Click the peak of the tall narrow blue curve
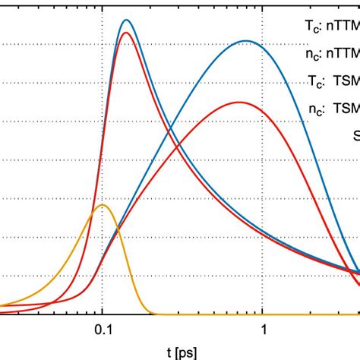coord(126,21)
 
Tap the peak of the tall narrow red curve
coord(125,33)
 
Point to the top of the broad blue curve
coord(245,41)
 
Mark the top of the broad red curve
coord(239,102)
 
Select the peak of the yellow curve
coord(104,206)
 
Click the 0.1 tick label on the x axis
coord(102,330)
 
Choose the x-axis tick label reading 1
coord(263,330)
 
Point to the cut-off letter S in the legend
coord(355,135)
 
